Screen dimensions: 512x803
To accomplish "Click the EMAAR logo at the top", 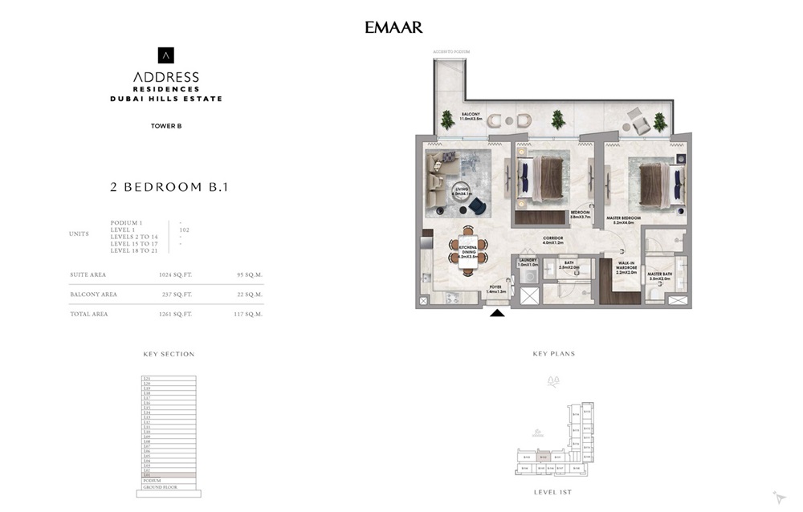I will [393, 28].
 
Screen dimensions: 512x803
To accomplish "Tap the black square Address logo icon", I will [165, 55].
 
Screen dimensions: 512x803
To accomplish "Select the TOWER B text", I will [166, 125].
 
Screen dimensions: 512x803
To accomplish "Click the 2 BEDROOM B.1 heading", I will [169, 187].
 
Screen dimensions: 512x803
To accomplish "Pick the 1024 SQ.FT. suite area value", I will [175, 274].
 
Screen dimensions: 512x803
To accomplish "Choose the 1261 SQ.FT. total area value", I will [175, 315].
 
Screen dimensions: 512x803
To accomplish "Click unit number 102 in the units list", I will [184, 230].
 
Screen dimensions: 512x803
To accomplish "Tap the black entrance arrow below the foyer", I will [498, 313].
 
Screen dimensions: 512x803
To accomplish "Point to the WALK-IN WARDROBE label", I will [627, 266].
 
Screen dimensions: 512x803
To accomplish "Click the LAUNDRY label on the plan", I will [527, 262].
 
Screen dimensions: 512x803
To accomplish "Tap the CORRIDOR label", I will [552, 239].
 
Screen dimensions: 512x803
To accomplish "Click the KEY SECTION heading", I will [169, 354].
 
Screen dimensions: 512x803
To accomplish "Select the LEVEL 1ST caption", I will [553, 491].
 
